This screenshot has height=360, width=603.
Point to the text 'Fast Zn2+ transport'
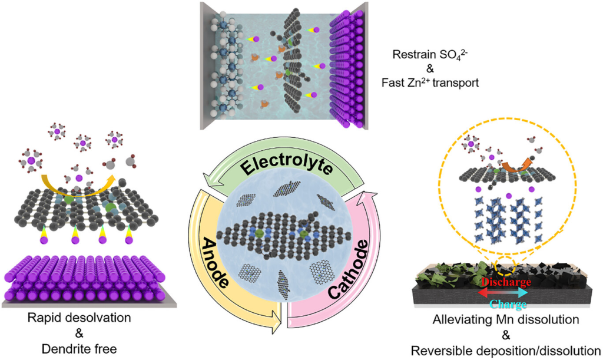point(435,83)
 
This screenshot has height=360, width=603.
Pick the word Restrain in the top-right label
point(413,55)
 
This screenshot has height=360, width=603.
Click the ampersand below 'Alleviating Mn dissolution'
point(505,335)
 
